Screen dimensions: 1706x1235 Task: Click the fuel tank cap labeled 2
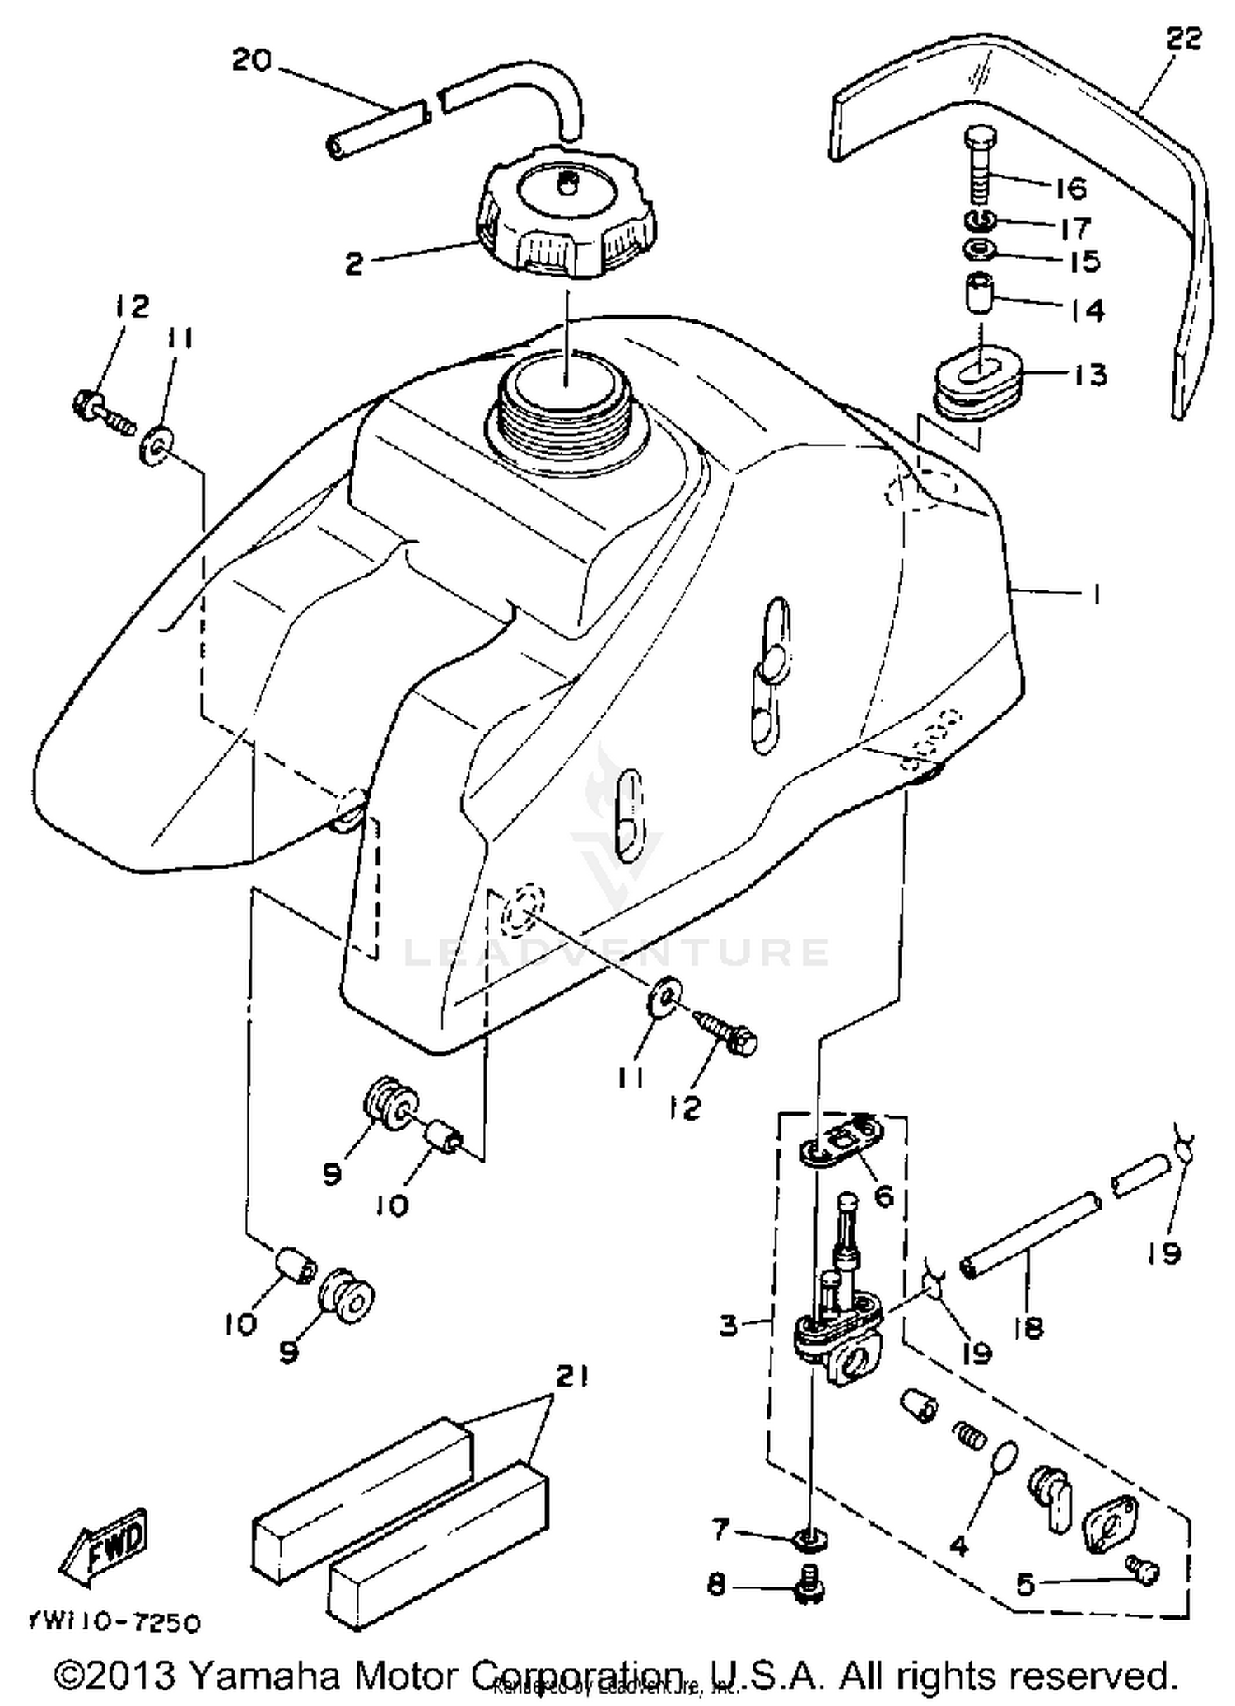[x=565, y=213]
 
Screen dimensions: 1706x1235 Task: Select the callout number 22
[x=1184, y=38]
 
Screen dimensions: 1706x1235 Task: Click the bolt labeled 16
[x=979, y=168]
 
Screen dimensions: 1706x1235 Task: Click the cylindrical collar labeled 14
[x=978, y=293]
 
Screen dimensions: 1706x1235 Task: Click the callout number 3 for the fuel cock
[x=728, y=1325]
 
